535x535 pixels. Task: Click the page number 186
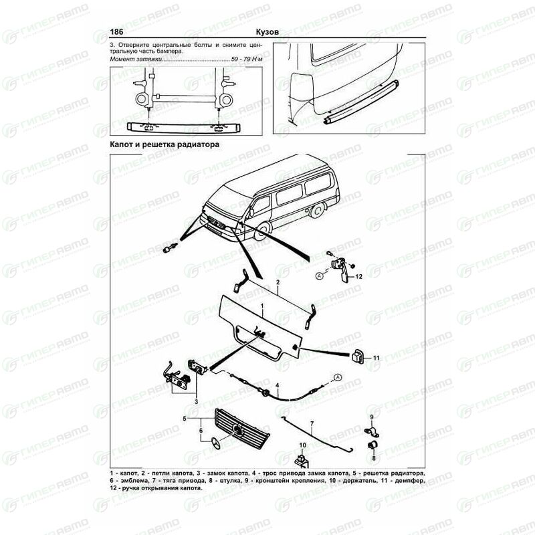tap(116, 31)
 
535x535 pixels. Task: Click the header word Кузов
tap(267, 31)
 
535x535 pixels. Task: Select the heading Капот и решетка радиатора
tap(165, 144)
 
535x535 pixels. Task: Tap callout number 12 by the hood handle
tap(358, 277)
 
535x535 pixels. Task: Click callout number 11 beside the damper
tap(376, 358)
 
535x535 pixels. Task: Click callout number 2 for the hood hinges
tap(278, 282)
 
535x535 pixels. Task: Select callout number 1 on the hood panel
tap(262, 307)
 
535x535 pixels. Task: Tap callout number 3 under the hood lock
tap(196, 402)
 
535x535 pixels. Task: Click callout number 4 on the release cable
tap(278, 386)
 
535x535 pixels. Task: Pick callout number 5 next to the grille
tap(185, 419)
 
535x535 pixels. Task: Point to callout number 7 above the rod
tap(312, 424)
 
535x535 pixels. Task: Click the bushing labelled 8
tap(372, 445)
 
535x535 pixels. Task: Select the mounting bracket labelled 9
tap(371, 431)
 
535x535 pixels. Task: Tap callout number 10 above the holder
tap(303, 445)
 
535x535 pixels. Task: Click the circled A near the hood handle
tap(320, 276)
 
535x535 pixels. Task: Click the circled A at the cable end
tap(338, 377)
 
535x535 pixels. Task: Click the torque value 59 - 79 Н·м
tap(247, 59)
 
